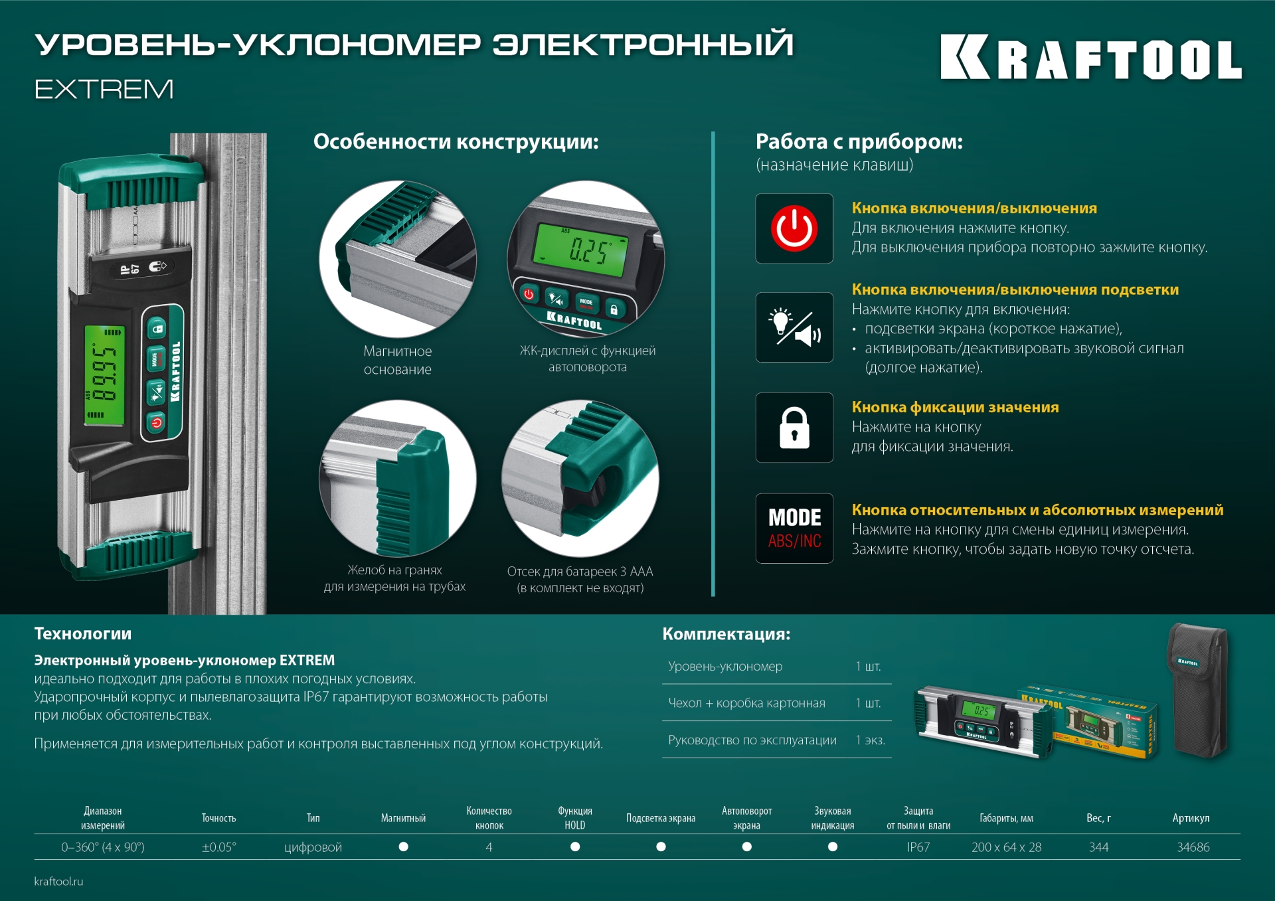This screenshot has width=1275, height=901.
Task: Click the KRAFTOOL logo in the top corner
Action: coord(1090,58)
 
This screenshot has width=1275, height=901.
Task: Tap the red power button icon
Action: coord(794,228)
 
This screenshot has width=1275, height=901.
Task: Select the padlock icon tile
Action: coord(794,428)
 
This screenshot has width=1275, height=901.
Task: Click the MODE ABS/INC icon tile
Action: coord(794,529)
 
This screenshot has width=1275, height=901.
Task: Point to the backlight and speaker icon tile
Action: coord(794,327)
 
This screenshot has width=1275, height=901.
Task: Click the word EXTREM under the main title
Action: coord(104,89)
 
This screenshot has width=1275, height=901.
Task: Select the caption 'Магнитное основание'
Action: coord(397,360)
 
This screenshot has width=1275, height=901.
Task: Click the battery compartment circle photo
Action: coord(580,478)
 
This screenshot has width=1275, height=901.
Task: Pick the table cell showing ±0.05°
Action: coord(218,847)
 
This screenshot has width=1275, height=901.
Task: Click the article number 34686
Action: coord(1193,847)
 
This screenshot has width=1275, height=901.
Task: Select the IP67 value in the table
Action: coord(918,847)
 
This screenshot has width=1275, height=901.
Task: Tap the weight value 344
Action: coord(1098,847)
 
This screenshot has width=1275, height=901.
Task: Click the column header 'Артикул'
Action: coord(1191,818)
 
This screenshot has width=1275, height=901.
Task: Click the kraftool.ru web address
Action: coord(58,881)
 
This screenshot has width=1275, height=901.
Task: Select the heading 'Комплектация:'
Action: coord(726,634)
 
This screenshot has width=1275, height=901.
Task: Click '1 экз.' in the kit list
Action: coord(870,740)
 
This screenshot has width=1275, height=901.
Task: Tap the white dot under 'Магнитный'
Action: coord(403,847)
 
